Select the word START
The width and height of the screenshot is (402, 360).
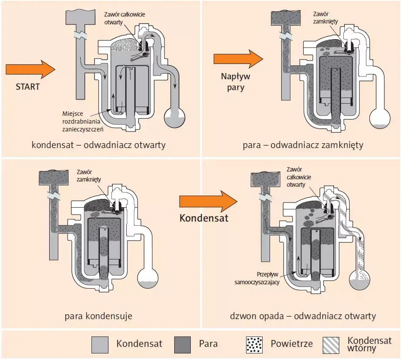[27, 87]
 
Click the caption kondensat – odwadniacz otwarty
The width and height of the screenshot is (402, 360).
[98, 145]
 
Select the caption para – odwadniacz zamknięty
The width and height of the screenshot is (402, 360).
[303, 145]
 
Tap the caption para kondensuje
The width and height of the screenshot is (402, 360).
[98, 316]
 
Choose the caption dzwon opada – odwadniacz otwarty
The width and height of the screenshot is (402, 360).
[303, 316]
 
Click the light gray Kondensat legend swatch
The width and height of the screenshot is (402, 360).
[100, 344]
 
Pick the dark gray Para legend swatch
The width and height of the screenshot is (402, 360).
[182, 344]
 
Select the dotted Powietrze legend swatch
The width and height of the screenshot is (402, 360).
[254, 344]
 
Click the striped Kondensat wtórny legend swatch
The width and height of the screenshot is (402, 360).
[331, 344]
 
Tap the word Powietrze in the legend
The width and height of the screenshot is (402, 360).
[291, 344]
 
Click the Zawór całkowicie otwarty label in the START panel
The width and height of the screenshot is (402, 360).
[124, 18]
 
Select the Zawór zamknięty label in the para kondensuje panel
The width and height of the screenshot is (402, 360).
[88, 175]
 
